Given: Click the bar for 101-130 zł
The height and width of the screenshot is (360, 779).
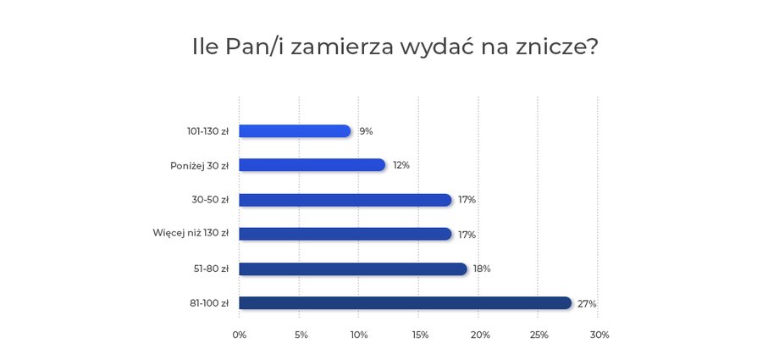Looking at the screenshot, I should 295,131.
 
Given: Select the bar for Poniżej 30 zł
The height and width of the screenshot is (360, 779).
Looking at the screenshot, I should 312,165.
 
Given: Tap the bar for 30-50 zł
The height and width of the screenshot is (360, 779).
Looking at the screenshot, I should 345,200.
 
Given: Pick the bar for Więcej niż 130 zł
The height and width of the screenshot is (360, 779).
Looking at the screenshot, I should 345,234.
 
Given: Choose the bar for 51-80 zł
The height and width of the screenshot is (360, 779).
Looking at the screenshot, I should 353,269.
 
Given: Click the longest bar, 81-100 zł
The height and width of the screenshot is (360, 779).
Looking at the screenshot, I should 406,303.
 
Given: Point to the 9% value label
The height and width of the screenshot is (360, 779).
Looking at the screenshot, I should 366,131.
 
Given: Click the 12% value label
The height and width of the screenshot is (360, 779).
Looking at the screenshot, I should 401,165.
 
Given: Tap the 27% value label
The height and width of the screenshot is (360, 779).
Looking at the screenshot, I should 587,303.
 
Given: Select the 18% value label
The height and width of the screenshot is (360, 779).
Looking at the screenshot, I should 482,269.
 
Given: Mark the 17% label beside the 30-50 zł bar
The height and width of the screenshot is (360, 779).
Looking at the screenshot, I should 467,200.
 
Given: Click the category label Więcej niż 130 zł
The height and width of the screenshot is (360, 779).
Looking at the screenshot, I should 191,234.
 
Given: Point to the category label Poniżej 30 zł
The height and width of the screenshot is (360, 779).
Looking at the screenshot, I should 199,165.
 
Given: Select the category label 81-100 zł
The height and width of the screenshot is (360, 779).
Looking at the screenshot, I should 210,303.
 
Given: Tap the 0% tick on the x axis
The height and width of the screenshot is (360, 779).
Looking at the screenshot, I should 240,335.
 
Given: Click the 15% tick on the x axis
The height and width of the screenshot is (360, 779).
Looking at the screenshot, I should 419,335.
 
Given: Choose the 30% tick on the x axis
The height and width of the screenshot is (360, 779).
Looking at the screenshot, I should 599,335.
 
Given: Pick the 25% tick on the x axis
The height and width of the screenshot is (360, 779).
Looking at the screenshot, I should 539,335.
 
